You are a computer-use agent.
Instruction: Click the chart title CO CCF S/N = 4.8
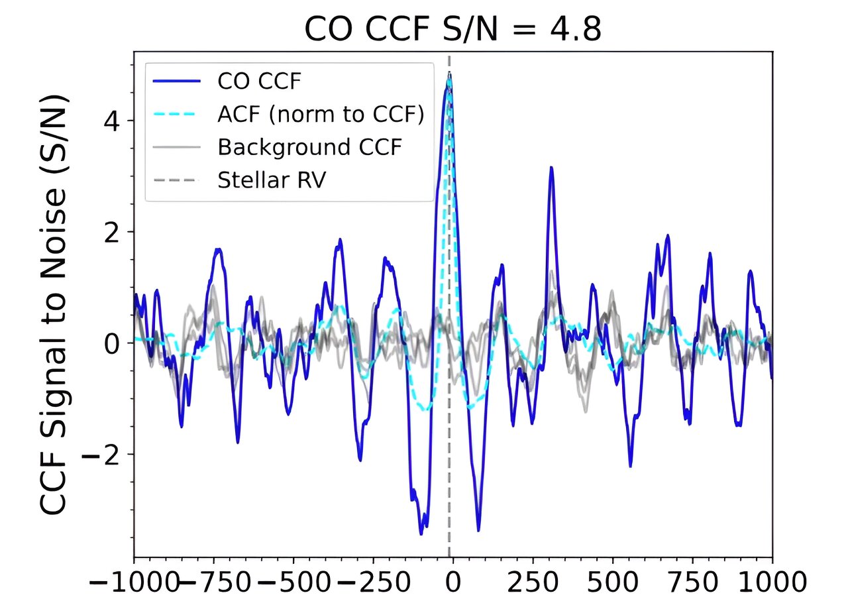click(452, 29)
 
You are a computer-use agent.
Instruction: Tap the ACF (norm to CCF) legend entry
click(320, 114)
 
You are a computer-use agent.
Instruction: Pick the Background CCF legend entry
click(309, 146)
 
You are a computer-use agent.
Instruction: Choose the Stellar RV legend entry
click(272, 180)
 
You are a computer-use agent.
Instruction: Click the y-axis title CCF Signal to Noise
click(55, 305)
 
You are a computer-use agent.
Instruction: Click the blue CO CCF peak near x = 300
click(551, 168)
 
